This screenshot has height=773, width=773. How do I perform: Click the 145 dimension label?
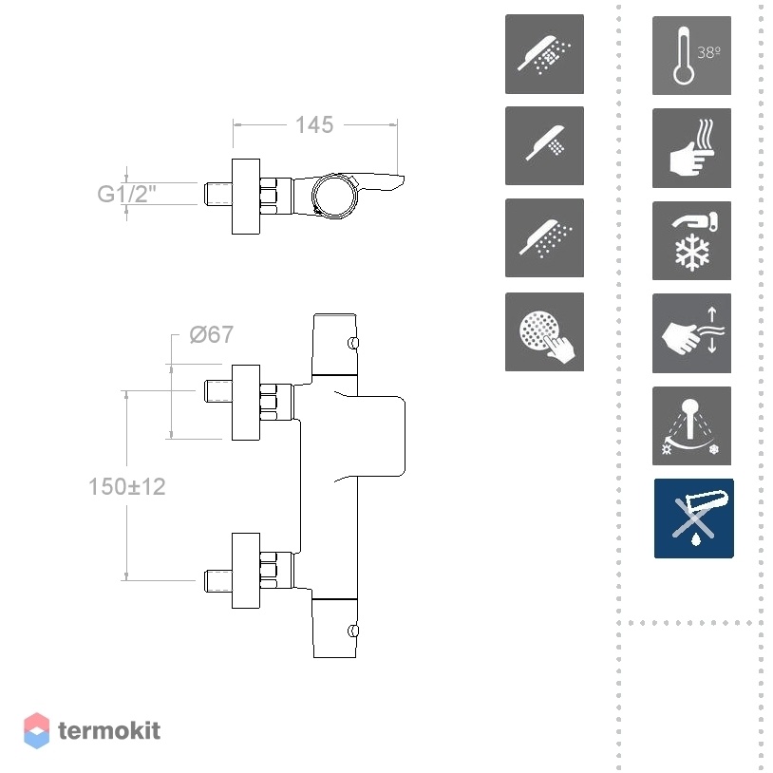pyautogui.click(x=314, y=124)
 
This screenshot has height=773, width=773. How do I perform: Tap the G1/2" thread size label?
pyautogui.click(x=126, y=194)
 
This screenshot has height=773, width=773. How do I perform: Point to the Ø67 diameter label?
pyautogui.click(x=212, y=334)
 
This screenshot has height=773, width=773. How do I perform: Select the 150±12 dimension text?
pyautogui.click(x=126, y=486)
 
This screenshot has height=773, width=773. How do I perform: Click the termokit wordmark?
pyautogui.click(x=109, y=730)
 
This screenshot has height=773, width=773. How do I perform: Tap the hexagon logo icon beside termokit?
pyautogui.click(x=36, y=730)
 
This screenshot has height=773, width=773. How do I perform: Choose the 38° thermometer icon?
pyautogui.click(x=691, y=55)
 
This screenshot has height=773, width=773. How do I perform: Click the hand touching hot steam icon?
pyautogui.click(x=691, y=148)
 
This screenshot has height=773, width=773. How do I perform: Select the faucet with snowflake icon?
pyautogui.click(x=691, y=240)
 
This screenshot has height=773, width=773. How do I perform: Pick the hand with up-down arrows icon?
pyautogui.click(x=691, y=333)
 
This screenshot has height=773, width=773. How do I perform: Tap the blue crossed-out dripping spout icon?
pyautogui.click(x=693, y=518)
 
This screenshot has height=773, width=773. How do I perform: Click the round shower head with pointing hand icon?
pyautogui.click(x=544, y=331)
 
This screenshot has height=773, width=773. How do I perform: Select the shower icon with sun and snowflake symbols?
pyautogui.click(x=691, y=426)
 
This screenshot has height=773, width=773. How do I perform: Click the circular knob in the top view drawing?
pyautogui.click(x=333, y=196)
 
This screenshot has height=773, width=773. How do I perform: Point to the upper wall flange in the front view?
pyautogui.click(x=246, y=403)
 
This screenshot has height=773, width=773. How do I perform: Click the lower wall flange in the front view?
pyautogui.click(x=246, y=571)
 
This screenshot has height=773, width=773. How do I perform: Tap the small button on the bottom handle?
pyautogui.click(x=353, y=631)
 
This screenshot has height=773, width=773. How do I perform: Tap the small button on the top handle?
pyautogui.click(x=353, y=343)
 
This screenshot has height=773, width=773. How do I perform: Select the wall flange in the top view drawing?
pyautogui.click(x=246, y=197)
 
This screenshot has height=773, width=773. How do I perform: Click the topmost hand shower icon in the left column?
pyautogui.click(x=544, y=54)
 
